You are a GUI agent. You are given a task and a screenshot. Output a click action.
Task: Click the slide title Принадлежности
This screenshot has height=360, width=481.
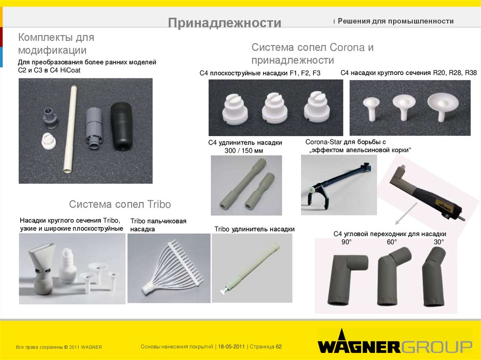click(x=225, y=23)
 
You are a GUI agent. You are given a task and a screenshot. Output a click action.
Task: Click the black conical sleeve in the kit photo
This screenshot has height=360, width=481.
click(x=121, y=126)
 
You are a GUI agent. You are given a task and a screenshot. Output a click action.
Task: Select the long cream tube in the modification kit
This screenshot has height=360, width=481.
click(x=70, y=130)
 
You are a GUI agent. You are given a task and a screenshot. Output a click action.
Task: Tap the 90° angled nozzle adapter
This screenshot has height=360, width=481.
click(x=347, y=279)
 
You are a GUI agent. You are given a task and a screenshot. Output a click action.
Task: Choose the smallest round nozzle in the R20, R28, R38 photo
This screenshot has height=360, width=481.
click(x=371, y=108)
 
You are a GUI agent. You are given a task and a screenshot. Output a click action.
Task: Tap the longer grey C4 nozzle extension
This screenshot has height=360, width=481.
click(x=242, y=184)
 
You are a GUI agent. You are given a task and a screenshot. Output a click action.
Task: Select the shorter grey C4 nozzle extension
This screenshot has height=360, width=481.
click(x=260, y=191)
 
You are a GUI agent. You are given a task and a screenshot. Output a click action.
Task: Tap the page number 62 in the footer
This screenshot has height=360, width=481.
click(x=279, y=347)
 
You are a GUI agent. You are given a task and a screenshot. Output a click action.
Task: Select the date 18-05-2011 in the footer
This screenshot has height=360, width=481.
click(x=231, y=347)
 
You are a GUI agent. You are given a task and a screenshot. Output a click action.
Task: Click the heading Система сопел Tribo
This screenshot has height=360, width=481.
click(x=120, y=204)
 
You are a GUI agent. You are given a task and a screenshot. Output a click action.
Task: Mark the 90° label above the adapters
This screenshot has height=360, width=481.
click(x=346, y=242)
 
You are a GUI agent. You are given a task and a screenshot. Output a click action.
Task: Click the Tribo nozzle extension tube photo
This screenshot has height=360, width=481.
click(x=252, y=268)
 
